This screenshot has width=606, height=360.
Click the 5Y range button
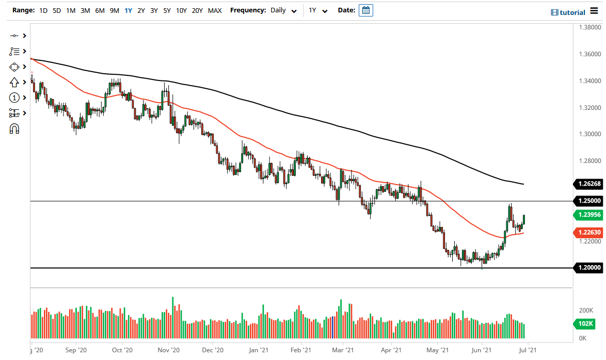(x=167, y=10)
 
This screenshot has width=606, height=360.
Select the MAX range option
(x=215, y=10)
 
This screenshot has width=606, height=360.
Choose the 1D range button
(x=43, y=10)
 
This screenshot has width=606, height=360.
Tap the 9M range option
(x=115, y=10)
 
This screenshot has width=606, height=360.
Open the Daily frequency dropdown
(x=283, y=10)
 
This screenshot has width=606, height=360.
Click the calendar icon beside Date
(x=365, y=10)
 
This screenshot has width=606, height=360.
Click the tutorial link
(x=568, y=12)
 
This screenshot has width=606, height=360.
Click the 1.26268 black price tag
(x=588, y=184)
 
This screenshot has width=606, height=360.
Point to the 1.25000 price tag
(x=588, y=201)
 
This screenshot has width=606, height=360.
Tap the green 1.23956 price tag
(x=588, y=215)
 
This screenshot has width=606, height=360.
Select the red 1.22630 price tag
(x=588, y=233)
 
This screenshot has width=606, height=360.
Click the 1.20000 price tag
(x=588, y=268)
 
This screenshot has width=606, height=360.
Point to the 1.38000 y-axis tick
(x=589, y=27)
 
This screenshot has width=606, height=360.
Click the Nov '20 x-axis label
(x=168, y=350)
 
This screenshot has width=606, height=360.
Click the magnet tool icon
(x=14, y=129)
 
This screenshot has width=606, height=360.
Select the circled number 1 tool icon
(x=14, y=98)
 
